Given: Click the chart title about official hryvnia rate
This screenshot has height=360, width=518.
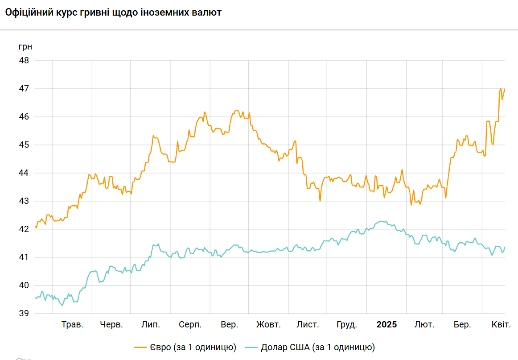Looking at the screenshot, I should click(x=113, y=13).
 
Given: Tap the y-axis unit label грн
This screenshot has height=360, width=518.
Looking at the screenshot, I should click(x=25, y=46).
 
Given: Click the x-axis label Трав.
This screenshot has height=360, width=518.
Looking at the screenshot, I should click(x=72, y=325).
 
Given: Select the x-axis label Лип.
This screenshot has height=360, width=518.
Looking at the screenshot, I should click(x=151, y=325).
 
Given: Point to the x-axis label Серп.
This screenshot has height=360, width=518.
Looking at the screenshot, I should click(x=190, y=325).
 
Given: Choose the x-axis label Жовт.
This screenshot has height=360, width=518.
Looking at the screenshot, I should click(x=268, y=325).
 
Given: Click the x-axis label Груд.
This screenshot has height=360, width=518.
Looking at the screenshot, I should click(x=346, y=325).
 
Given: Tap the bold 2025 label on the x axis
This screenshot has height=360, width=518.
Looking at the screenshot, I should click(x=386, y=325).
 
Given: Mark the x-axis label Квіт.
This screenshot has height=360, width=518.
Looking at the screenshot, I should click(x=501, y=325).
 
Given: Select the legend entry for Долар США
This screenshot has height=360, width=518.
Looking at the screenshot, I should click(x=318, y=347).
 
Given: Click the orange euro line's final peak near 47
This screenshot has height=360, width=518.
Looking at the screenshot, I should click(x=501, y=89).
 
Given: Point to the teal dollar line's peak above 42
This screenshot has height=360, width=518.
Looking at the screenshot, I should click(x=381, y=221).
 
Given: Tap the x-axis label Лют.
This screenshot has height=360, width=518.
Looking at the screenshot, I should click(x=424, y=325).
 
